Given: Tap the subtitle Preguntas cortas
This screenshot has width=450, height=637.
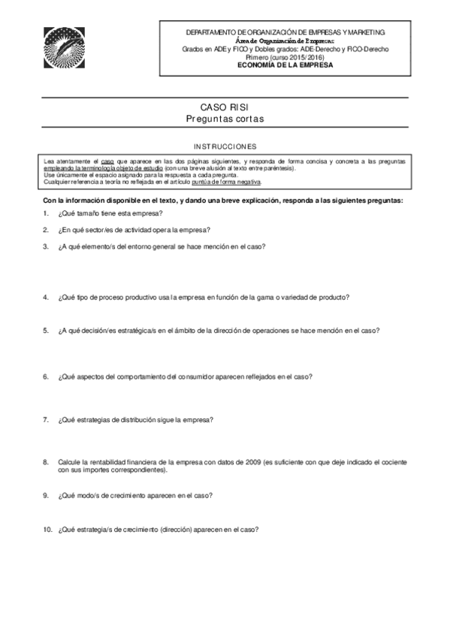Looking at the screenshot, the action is [225, 120].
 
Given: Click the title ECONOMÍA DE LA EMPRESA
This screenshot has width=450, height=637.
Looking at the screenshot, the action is [285, 65].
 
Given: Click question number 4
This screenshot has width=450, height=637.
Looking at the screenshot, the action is [46, 297].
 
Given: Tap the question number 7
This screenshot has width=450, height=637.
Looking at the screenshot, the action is [46, 419].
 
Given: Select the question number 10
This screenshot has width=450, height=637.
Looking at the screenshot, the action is [47, 529].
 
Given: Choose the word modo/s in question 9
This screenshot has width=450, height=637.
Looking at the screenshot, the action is [89, 495].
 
